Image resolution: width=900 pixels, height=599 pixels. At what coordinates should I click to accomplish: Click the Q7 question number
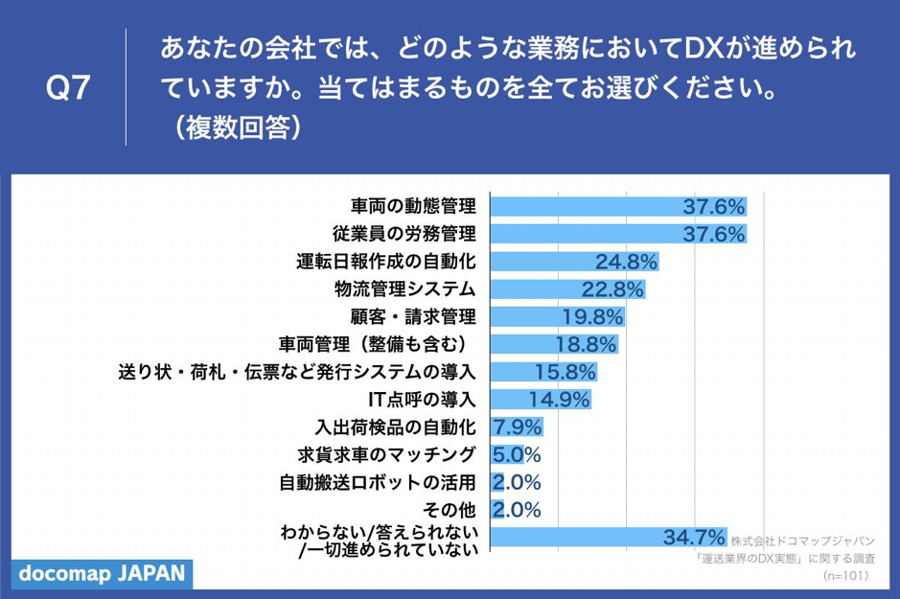tap(68, 88)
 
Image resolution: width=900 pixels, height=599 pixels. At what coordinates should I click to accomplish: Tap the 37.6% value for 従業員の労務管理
tap(713, 234)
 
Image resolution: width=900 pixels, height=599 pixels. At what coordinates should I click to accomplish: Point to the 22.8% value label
tap(612, 289)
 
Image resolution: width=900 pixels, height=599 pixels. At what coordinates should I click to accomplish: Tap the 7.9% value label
tap(517, 426)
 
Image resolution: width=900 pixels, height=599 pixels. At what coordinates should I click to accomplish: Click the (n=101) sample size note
tap(845, 575)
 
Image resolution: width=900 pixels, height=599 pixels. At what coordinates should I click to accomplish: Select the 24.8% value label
tap(625, 262)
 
